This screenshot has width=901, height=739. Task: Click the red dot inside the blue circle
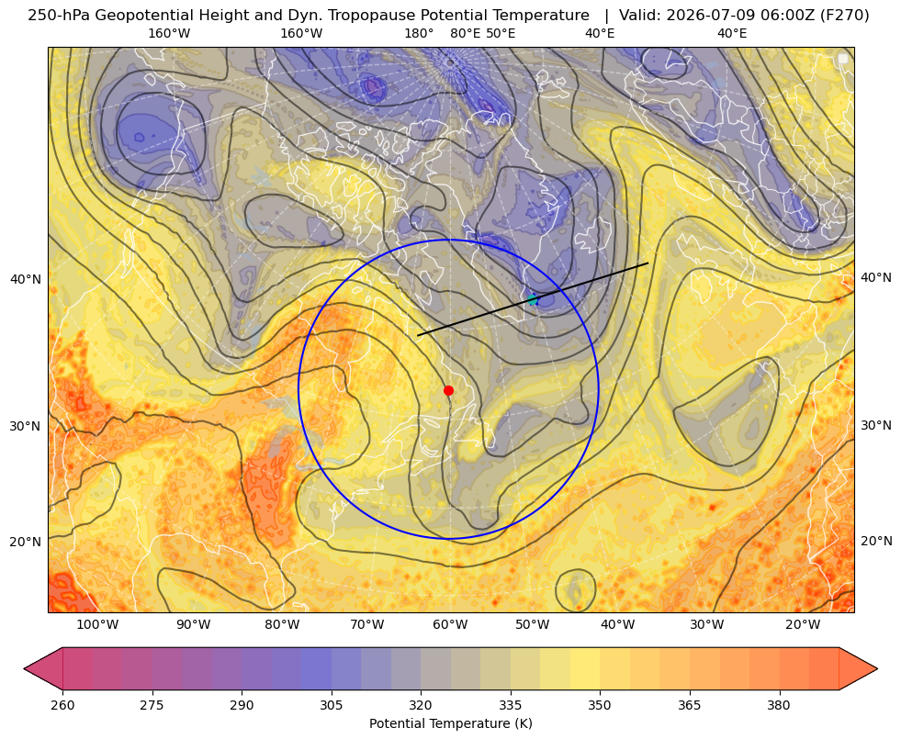tap(449, 390)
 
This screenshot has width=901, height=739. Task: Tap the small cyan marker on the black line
tap(533, 299)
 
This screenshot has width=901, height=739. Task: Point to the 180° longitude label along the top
tap(419, 33)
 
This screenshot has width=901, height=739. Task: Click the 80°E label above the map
tap(465, 33)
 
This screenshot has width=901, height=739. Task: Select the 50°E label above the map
tap(501, 33)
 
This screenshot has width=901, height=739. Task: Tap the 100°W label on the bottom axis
tap(97, 625)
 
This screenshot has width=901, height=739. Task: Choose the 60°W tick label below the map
tap(450, 625)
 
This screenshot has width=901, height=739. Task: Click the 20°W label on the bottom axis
tap(803, 625)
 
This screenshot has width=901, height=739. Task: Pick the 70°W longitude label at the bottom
tap(366, 625)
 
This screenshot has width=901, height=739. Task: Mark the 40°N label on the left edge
tap(26, 280)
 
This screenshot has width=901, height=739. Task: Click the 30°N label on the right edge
tap(876, 425)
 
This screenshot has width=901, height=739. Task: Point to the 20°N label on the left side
tap(26, 542)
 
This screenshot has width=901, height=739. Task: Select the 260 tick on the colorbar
tap(62, 705)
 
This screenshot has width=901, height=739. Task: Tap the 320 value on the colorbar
tap(421, 705)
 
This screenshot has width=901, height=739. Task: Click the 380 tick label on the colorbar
tap(779, 705)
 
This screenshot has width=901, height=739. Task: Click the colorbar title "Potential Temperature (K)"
tap(450, 723)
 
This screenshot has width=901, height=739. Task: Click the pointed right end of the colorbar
tap(877, 668)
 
